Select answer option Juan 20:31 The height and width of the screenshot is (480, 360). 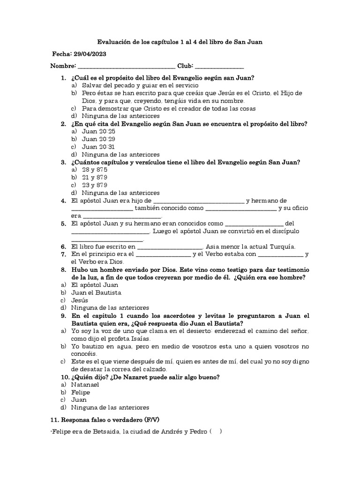95,146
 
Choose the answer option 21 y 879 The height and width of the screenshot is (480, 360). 94,177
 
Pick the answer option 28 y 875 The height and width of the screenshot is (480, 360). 94,169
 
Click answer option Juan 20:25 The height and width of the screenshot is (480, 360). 95,131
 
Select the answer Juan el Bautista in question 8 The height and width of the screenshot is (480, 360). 96,292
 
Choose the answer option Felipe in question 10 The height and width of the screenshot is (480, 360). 81,392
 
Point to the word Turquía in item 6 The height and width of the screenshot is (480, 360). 281,247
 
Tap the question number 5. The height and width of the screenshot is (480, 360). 63,224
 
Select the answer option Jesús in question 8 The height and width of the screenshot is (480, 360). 79,300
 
